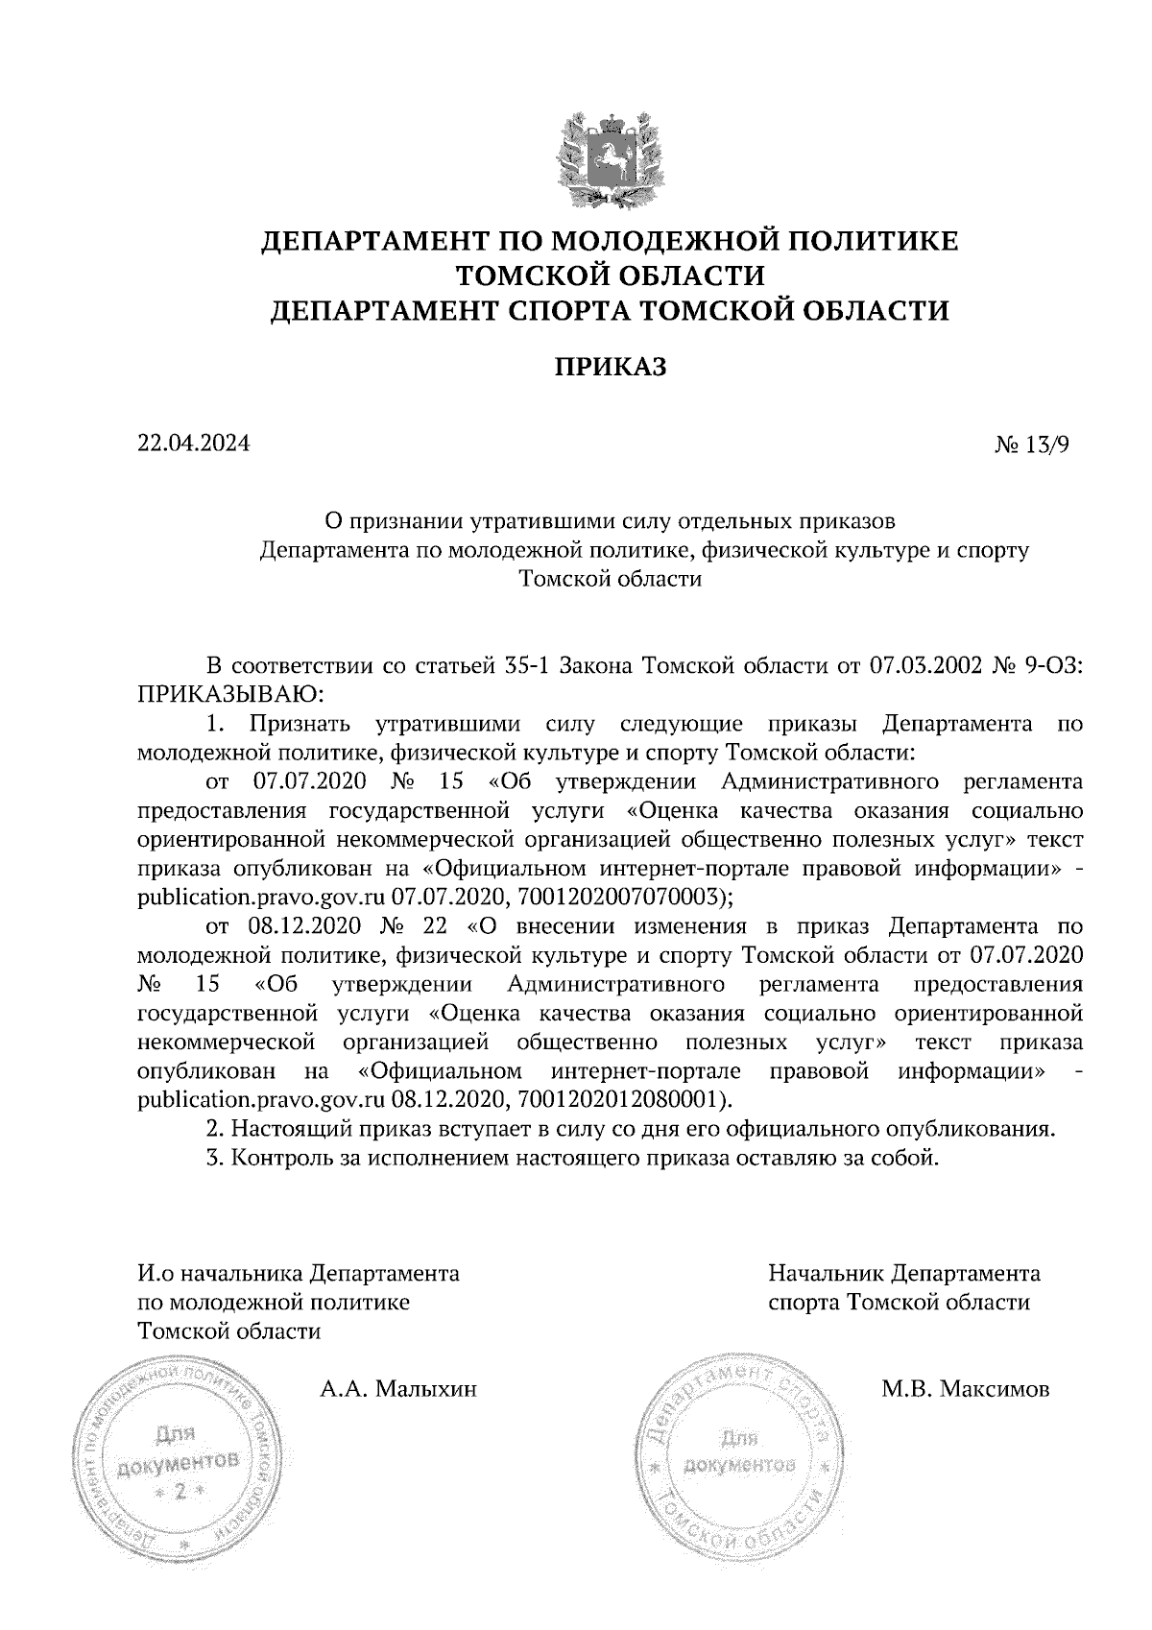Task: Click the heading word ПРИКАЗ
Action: click(610, 368)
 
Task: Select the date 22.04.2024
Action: click(194, 443)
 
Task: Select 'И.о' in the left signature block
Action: click(156, 1274)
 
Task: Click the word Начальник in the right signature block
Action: click(825, 1274)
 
